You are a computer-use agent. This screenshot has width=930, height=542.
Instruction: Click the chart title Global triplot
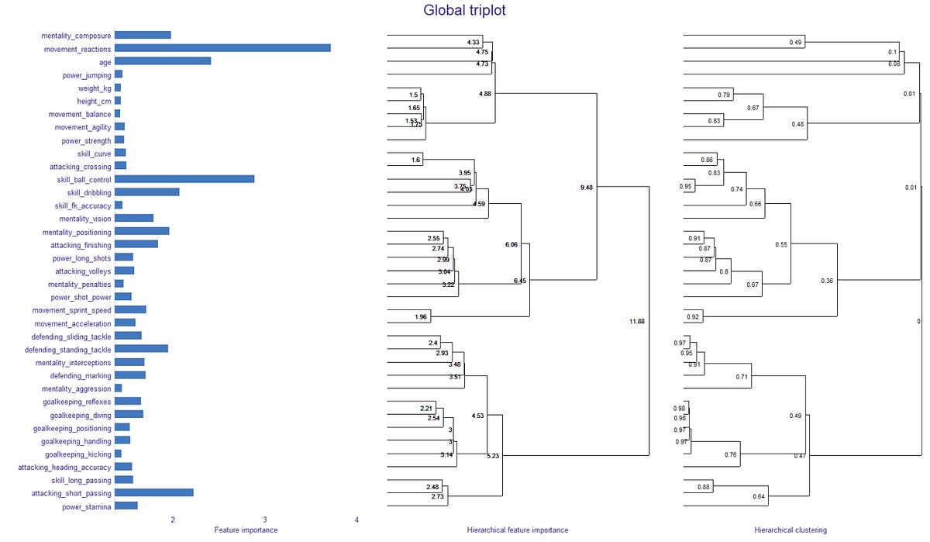point(464,11)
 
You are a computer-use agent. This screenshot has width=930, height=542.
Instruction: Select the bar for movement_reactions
point(222,48)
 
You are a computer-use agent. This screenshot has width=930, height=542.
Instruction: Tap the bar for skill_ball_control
point(184,179)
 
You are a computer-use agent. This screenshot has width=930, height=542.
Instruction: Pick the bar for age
point(163,61)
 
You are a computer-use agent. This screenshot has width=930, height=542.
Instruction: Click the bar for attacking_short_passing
point(153,492)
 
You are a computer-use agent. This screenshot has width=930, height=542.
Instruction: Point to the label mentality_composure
point(76,35)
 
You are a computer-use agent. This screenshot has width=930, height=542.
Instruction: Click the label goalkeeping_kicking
point(78,454)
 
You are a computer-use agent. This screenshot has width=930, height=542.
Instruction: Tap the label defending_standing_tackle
point(68,349)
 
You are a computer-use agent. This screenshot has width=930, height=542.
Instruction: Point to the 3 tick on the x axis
point(264,520)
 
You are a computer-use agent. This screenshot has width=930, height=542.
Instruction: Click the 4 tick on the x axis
point(356,520)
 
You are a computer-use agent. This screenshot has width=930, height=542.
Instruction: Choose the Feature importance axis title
point(245,530)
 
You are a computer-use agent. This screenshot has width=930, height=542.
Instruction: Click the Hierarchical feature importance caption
point(517,530)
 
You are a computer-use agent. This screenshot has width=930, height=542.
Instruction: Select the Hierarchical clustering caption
point(790,530)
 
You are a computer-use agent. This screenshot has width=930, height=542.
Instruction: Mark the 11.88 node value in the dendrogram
point(637,321)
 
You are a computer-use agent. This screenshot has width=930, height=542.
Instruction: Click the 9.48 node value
point(587,188)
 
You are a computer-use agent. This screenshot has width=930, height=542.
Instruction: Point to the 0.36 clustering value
point(827,280)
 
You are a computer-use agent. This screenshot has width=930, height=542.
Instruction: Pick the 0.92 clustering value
point(694,317)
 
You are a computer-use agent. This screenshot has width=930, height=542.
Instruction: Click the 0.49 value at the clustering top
point(794,41)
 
